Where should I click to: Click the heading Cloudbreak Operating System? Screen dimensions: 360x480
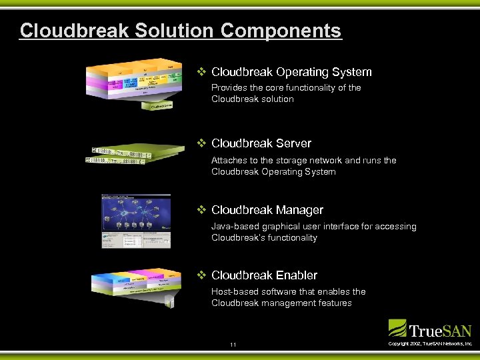point(291,72)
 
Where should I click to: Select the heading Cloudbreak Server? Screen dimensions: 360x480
point(261,143)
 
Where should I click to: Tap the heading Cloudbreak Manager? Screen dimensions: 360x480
point(267,210)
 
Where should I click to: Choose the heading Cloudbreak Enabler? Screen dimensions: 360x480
point(264,275)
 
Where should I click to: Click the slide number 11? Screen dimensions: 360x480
point(233,345)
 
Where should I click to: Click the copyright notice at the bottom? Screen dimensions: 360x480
point(430,343)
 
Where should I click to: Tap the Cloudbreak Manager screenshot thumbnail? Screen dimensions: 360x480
point(135,221)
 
